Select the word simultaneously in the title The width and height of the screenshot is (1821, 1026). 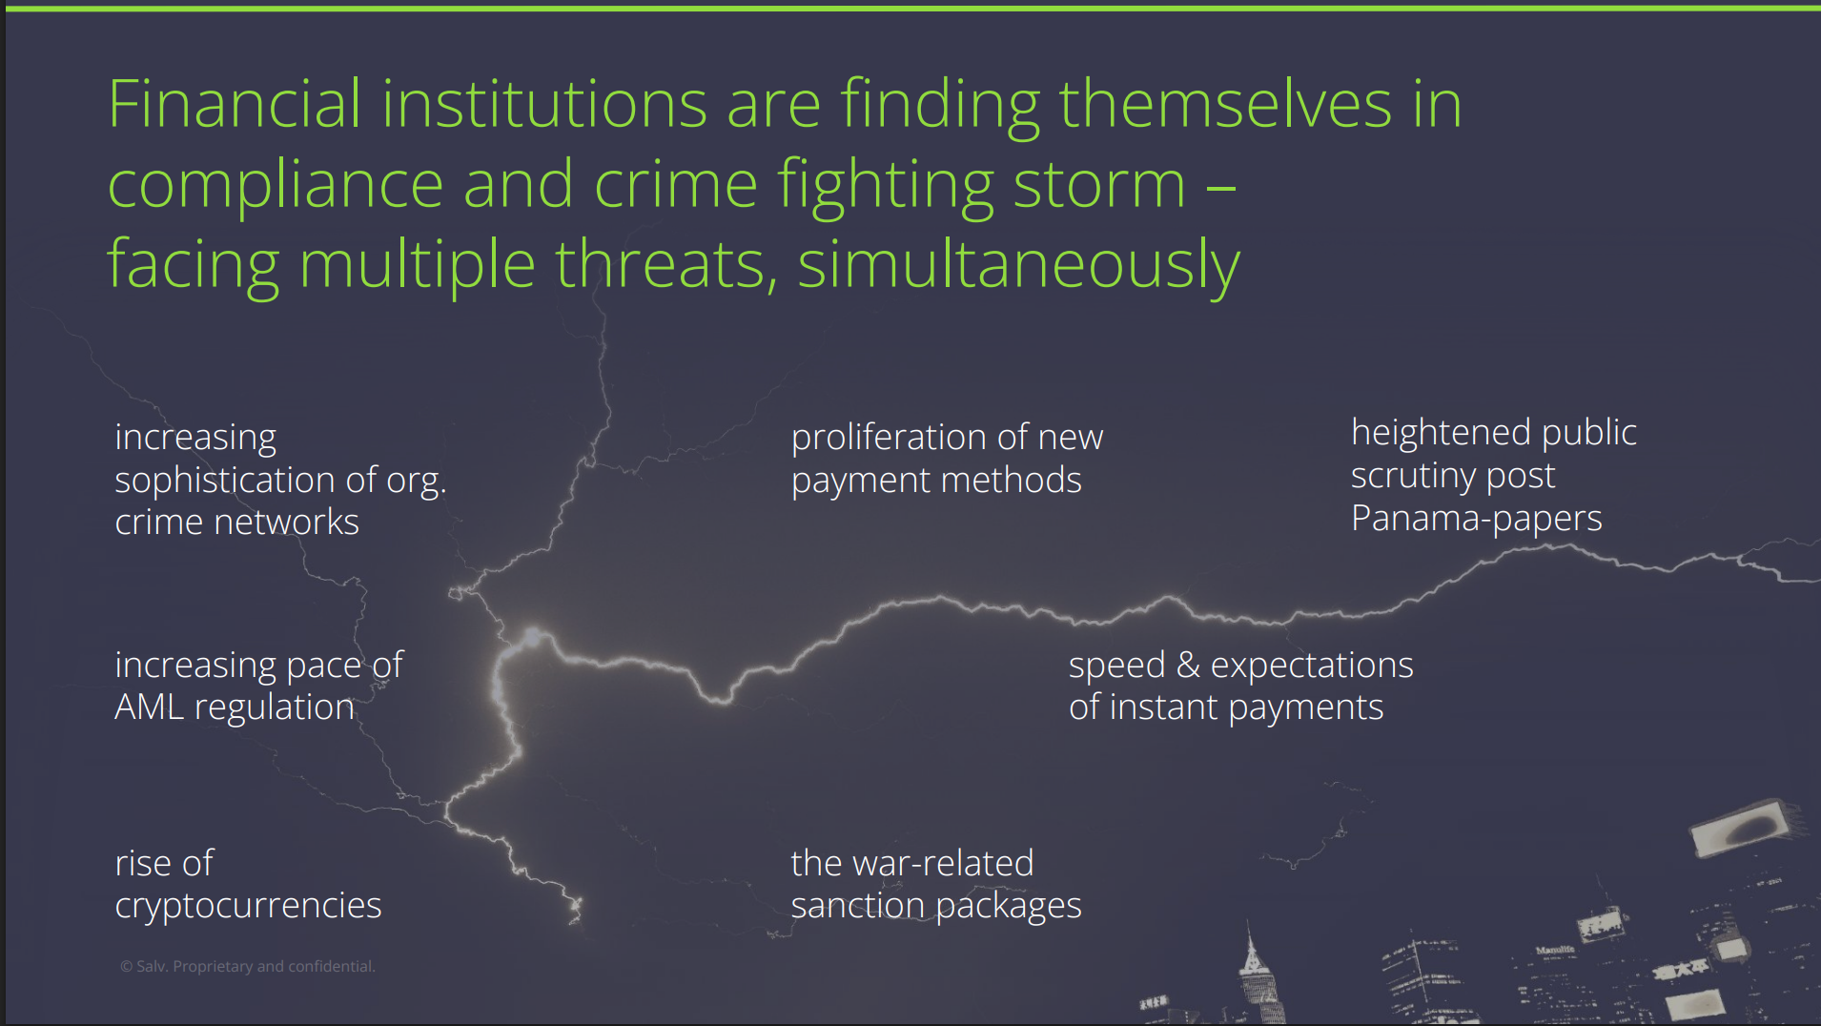pos(1018,264)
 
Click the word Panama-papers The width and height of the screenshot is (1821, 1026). pos(1476,519)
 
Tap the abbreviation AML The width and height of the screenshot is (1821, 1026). pos(150,708)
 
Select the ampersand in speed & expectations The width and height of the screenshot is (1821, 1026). pos(1188,665)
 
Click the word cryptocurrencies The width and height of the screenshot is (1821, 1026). pos(248,906)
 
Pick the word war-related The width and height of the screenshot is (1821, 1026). pos(943,863)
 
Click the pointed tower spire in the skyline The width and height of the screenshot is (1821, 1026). pos(1250,944)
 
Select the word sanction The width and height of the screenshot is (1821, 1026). pos(857,906)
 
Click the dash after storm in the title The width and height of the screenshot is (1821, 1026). pos(1221,186)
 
